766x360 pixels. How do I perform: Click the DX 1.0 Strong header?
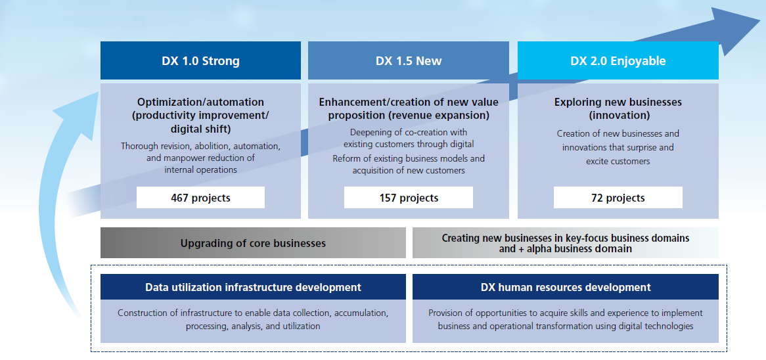pos(200,60)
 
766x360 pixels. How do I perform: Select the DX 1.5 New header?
pos(409,60)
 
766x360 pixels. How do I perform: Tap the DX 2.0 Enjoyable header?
pos(618,60)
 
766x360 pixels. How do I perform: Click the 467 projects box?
pos(200,198)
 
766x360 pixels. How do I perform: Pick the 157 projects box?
pos(409,198)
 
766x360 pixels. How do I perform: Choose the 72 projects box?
pos(618,198)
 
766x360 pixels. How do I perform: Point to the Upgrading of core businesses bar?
pos(253,243)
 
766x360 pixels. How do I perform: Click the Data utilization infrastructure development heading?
pos(253,286)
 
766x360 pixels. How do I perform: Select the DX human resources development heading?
pos(566,286)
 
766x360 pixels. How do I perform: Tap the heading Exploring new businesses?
pos(618,102)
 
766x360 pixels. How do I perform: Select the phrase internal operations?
pos(200,170)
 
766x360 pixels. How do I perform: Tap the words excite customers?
pos(618,161)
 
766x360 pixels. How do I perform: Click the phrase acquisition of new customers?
pos(409,171)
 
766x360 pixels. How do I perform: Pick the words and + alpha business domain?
pos(565,248)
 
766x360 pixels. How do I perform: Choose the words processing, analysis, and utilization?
pos(253,326)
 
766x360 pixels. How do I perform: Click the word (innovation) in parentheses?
pos(619,116)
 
